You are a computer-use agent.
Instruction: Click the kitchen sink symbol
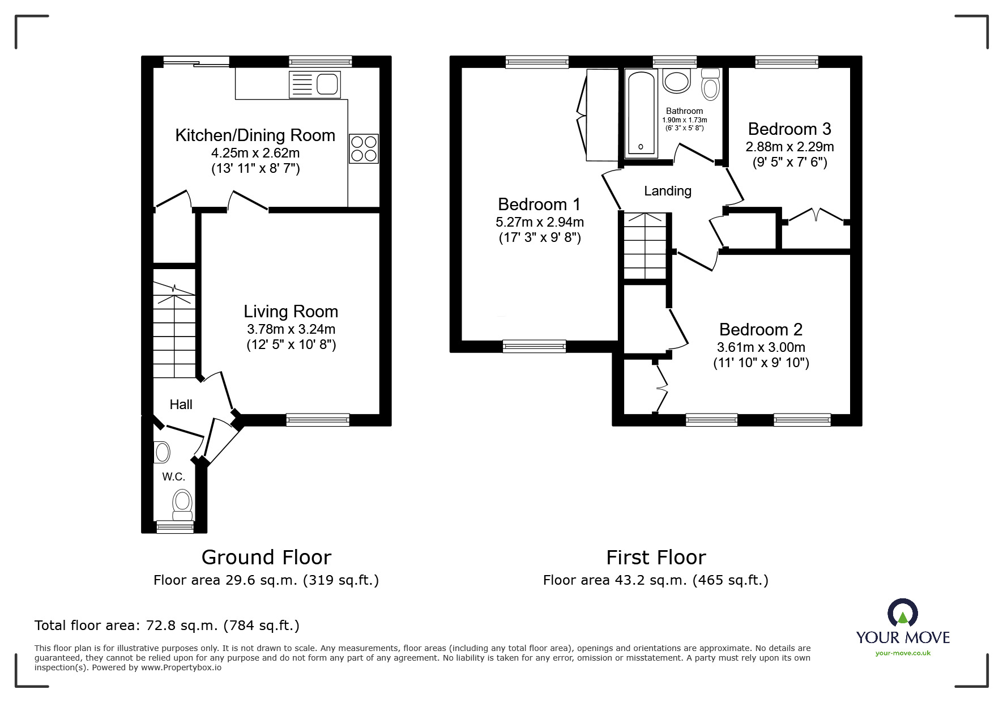point(315,84)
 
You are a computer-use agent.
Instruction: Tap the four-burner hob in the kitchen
point(363,148)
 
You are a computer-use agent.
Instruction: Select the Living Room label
point(291,312)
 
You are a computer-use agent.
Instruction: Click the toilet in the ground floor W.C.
point(182,504)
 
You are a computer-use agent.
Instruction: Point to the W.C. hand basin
point(162,453)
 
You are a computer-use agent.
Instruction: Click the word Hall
point(181,405)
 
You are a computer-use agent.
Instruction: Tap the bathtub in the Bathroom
point(641,114)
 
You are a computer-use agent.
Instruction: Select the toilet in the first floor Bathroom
point(710,85)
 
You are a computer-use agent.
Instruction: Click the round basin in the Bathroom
point(677,81)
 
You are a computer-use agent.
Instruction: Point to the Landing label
point(668,191)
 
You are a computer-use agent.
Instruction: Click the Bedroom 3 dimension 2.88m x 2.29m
point(789,147)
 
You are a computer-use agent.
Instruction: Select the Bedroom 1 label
point(539,204)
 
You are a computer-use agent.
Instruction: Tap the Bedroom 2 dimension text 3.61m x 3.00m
point(761,347)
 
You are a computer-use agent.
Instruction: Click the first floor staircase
point(645,246)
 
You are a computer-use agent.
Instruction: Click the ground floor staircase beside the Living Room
point(174,331)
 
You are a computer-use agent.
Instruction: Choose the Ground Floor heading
point(266,558)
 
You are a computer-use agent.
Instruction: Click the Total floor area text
point(167,626)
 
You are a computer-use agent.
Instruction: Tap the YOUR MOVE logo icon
point(902,614)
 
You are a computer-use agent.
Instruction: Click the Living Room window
point(317,420)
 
